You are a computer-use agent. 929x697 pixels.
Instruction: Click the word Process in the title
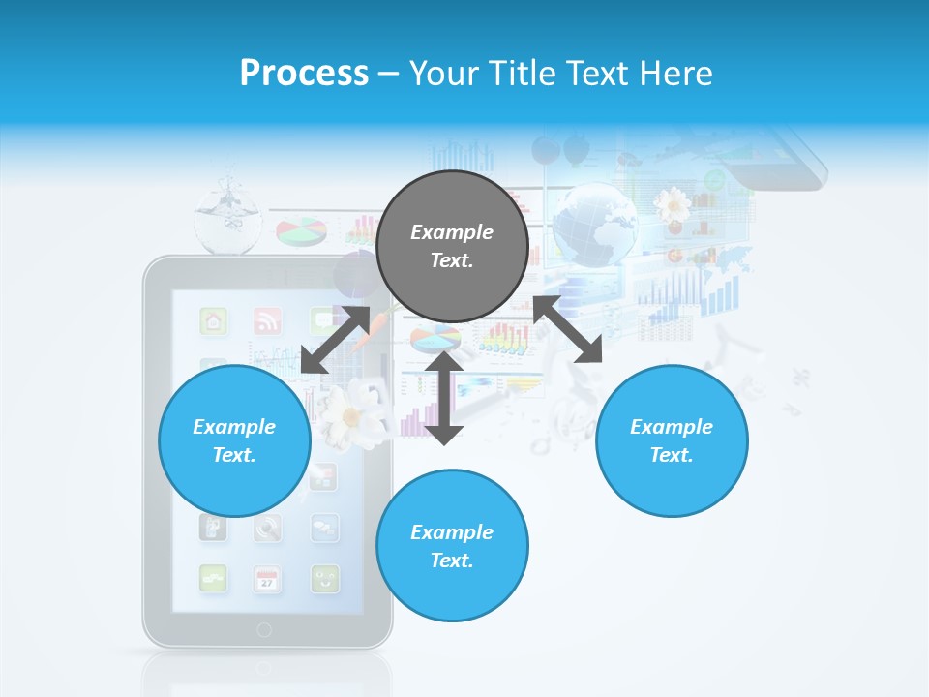click(304, 73)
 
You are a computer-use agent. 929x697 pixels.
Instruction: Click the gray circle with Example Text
click(452, 247)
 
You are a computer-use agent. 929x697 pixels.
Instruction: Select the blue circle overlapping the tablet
click(234, 440)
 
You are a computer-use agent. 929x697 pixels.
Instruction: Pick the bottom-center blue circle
click(452, 546)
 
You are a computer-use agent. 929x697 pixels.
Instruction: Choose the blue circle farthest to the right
click(672, 440)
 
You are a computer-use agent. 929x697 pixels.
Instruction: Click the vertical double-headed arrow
click(444, 398)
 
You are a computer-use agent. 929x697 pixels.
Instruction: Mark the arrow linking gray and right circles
click(568, 329)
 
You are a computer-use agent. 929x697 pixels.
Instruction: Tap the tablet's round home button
click(264, 630)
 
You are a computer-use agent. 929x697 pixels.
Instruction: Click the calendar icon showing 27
click(267, 579)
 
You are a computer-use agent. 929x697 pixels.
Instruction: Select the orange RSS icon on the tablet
click(267, 320)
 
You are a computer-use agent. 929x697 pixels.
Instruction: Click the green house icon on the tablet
click(213, 320)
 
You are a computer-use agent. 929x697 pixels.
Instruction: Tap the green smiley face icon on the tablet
click(324, 579)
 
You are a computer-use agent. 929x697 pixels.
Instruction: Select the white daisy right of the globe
click(672, 204)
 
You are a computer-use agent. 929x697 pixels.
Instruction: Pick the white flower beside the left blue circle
click(348, 414)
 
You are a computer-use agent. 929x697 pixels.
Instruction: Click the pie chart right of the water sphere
click(301, 232)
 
